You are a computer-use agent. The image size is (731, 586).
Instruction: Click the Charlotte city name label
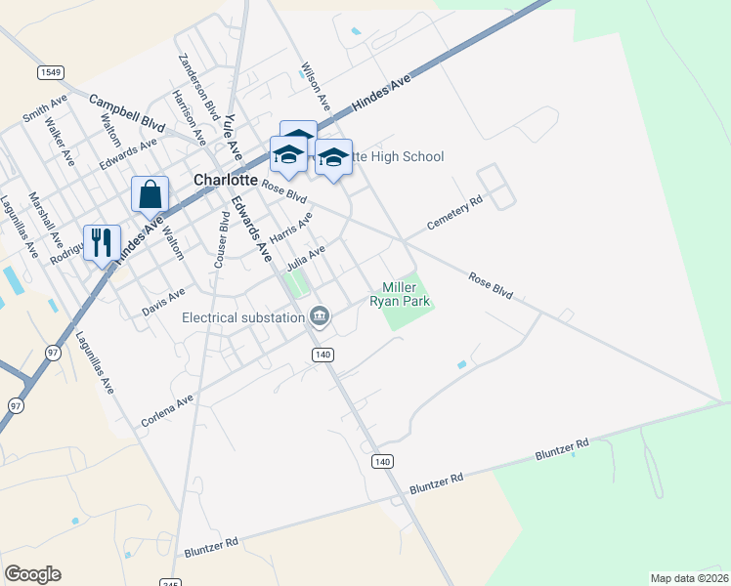pyautogui.click(x=225, y=181)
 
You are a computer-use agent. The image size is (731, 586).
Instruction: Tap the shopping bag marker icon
pyautogui.click(x=150, y=194)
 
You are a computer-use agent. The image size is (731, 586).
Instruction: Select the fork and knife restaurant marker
pyautogui.click(x=102, y=242)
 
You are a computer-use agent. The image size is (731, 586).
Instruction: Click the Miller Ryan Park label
pyautogui.click(x=400, y=294)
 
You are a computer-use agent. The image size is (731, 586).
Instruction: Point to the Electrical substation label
pyautogui.click(x=243, y=316)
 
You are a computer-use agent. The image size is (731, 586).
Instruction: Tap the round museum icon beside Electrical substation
pyautogui.click(x=319, y=315)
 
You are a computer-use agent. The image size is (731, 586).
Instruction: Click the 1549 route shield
pyautogui.click(x=51, y=72)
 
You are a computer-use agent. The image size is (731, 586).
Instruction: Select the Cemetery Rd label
pyautogui.click(x=455, y=215)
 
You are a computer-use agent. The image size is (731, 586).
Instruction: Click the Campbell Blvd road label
pyautogui.click(x=127, y=113)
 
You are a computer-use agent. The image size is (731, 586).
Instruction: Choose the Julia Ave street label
pyautogui.click(x=306, y=259)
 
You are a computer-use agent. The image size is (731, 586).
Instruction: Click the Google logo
pyautogui.click(x=32, y=573)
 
